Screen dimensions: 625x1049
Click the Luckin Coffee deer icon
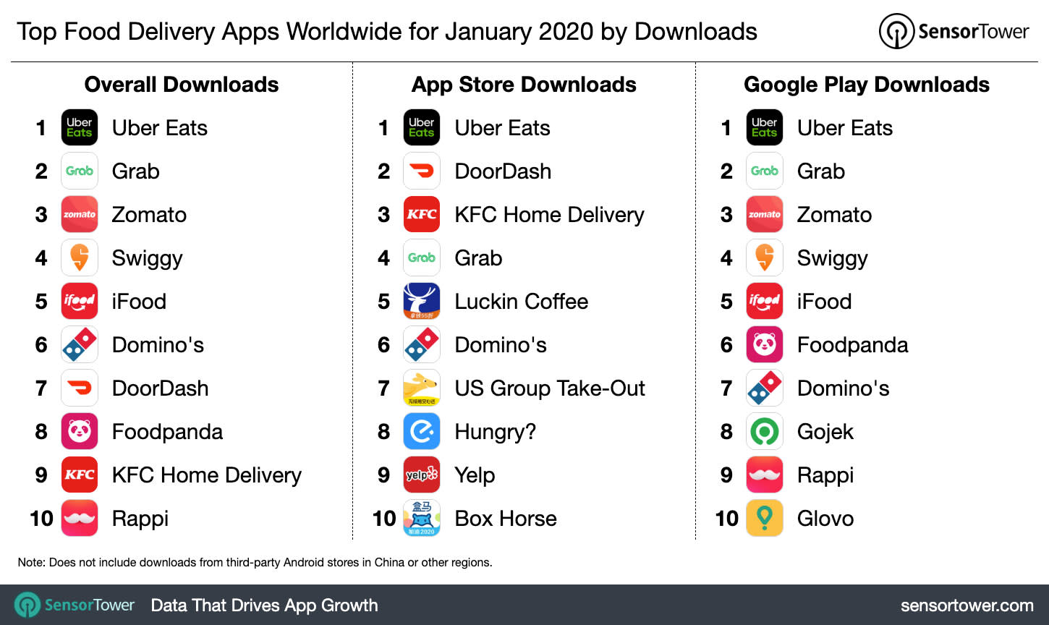pyautogui.click(x=422, y=301)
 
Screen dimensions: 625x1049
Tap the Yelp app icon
pyautogui.click(x=422, y=475)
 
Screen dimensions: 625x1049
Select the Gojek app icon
pyautogui.click(x=765, y=431)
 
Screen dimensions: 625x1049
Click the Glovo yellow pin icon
pyautogui.click(x=765, y=518)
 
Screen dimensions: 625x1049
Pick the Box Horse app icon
pyautogui.click(x=422, y=518)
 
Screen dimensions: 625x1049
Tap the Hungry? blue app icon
pyautogui.click(x=422, y=431)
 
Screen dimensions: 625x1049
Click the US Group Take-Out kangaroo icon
pyautogui.click(x=422, y=388)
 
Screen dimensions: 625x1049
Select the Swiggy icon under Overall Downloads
pyautogui.click(x=80, y=258)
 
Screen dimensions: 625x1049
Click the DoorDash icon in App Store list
pyautogui.click(x=422, y=171)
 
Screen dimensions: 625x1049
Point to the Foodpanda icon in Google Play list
pyautogui.click(x=765, y=344)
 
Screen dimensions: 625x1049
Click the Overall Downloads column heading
pyautogui.click(x=182, y=85)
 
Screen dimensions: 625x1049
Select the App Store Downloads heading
pyautogui.click(x=524, y=85)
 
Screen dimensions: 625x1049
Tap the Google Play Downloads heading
pyautogui.click(x=867, y=85)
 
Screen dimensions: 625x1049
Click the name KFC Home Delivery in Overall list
pyautogui.click(x=206, y=475)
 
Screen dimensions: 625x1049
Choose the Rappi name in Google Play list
pyautogui.click(x=825, y=475)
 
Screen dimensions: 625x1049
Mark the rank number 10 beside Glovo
pyautogui.click(x=726, y=519)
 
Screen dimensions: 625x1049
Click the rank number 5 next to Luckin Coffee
pyautogui.click(x=384, y=302)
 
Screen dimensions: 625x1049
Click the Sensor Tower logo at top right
pyautogui.click(x=954, y=31)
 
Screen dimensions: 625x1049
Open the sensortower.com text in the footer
pyautogui.click(x=967, y=605)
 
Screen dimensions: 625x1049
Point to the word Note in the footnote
pyautogui.click(x=30, y=562)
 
